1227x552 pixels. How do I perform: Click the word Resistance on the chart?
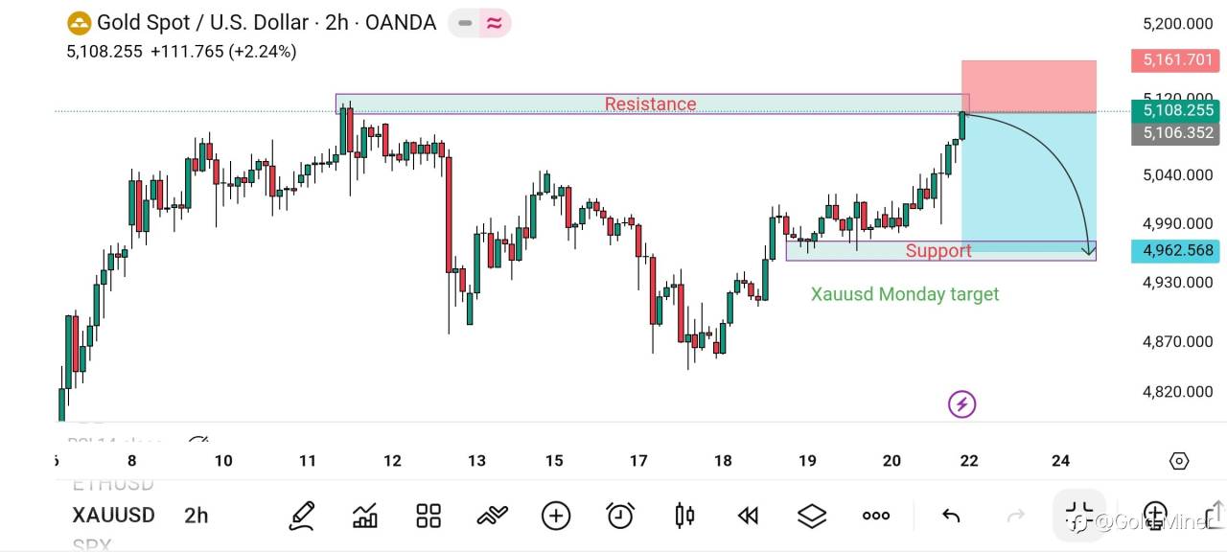[x=650, y=103]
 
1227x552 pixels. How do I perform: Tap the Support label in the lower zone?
[x=938, y=251]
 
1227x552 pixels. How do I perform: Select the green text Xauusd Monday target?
[x=904, y=294]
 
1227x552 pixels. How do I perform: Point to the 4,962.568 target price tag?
[x=1177, y=251]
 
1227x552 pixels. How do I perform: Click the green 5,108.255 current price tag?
[x=1177, y=111]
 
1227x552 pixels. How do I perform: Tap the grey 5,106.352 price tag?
[x=1177, y=133]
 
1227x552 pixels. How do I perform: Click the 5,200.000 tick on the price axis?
[x=1178, y=24]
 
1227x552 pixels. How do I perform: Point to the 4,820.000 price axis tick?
[x=1178, y=392]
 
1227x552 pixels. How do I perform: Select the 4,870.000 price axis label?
[x=1178, y=342]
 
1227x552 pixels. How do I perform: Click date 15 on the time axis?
[x=554, y=461]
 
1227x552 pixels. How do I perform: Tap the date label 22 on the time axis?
[x=969, y=461]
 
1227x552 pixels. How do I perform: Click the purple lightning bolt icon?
[x=961, y=404]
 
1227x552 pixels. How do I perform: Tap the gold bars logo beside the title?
[x=79, y=22]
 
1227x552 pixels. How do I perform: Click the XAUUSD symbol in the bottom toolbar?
[x=113, y=516]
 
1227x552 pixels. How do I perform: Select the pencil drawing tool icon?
[x=302, y=516]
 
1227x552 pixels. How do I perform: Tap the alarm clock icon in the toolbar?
[x=620, y=516]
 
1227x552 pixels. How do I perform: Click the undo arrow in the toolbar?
[x=951, y=517]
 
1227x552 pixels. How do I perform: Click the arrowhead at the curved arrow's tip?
[x=1089, y=251]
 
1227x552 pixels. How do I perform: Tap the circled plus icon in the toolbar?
[x=556, y=516]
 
